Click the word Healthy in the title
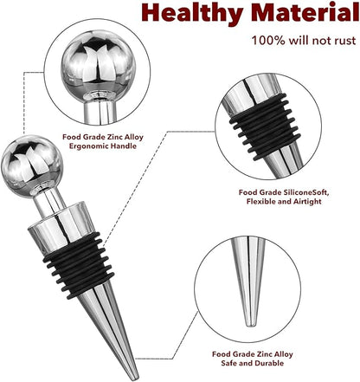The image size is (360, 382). pyautogui.click(x=192, y=13)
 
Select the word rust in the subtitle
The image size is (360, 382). pyautogui.click(x=345, y=41)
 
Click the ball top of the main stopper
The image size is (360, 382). pyautogui.click(x=32, y=166)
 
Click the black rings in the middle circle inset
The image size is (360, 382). pyautogui.click(x=266, y=126)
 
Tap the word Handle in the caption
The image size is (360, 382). pyautogui.click(x=125, y=146)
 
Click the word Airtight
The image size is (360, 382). pyautogui.click(x=307, y=201)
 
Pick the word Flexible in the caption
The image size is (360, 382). pyautogui.click(x=261, y=201)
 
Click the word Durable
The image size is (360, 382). pyautogui.click(x=269, y=363)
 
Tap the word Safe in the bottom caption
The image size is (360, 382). pyautogui.click(x=228, y=363)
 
